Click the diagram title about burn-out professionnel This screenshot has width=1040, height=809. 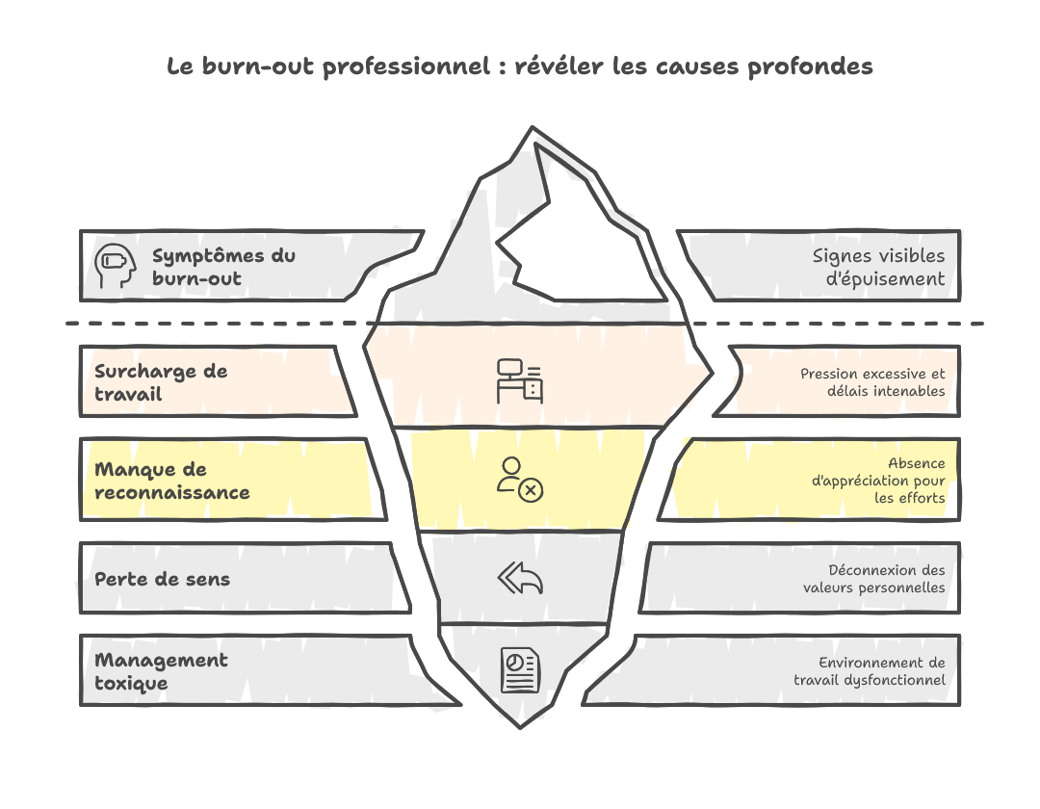pyautogui.click(x=520, y=66)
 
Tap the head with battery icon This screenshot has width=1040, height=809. pyautogui.click(x=113, y=266)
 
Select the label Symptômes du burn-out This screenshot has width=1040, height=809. pyautogui.click(x=223, y=267)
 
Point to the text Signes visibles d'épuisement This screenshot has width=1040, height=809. pyautogui.click(x=878, y=267)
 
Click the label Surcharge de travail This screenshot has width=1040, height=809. pyautogui.click(x=161, y=382)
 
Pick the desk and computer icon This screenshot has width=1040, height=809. pyautogui.click(x=520, y=380)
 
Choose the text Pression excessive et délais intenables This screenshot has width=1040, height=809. pyautogui.click(x=872, y=382)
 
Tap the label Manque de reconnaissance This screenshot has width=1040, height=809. pyautogui.click(x=171, y=481)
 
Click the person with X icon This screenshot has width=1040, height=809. pyautogui.click(x=520, y=479)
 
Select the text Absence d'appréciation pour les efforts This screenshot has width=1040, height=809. pyautogui.click(x=878, y=480)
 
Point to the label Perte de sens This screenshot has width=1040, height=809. pyautogui.click(x=162, y=579)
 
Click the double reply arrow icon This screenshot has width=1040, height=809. pyautogui.click(x=520, y=578)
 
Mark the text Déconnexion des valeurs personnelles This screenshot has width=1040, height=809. pyautogui.click(x=873, y=579)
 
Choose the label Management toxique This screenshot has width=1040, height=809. pyautogui.click(x=161, y=671)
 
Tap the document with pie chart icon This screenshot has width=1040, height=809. pyautogui.click(x=520, y=669)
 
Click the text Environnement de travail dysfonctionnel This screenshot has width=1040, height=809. pyautogui.click(x=869, y=671)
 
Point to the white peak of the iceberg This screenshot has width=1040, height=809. pyautogui.click(x=578, y=241)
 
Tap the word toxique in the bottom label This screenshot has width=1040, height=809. pyautogui.click(x=131, y=683)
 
